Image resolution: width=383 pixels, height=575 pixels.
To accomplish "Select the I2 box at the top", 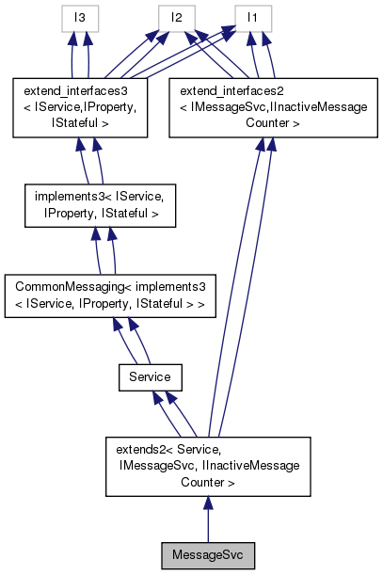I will pyautogui.click(x=176, y=17).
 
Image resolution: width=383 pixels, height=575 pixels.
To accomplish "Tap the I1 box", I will pyautogui.click(x=252, y=17).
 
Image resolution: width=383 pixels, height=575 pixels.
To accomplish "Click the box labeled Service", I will pyautogui.click(x=149, y=376).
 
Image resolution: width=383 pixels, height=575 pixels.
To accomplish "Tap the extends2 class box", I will pyautogui.click(x=206, y=465).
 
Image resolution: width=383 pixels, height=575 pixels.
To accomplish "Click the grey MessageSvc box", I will pyautogui.click(x=207, y=555).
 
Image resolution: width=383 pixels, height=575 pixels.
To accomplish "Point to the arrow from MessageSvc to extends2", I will pyautogui.click(x=207, y=519).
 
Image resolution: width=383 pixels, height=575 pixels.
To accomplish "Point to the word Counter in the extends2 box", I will pyautogui.click(x=206, y=481).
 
